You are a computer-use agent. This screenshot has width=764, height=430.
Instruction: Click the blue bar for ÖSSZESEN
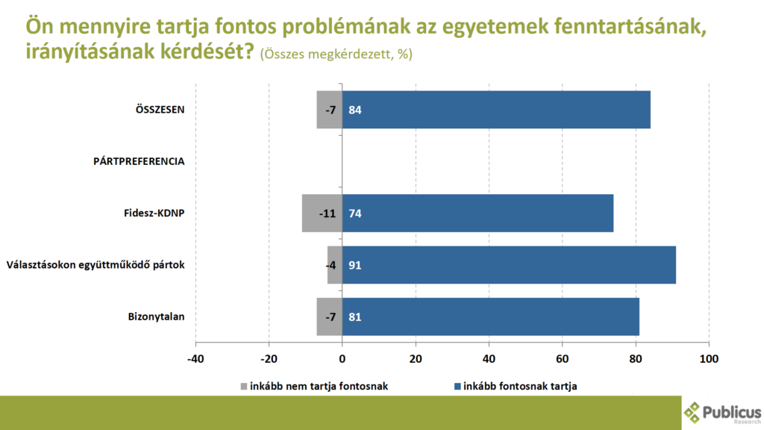point(496,110)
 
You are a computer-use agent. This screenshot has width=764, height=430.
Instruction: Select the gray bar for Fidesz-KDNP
point(322,213)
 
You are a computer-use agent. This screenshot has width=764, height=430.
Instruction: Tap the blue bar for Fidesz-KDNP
point(477,213)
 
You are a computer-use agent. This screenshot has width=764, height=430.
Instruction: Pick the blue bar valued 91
point(509,265)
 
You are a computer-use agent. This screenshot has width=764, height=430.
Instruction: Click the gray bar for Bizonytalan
point(330,317)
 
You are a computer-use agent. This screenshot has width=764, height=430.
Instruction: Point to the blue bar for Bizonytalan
point(491,317)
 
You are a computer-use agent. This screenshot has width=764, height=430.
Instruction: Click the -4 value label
point(331,265)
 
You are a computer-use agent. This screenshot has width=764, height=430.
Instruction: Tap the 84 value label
point(355,110)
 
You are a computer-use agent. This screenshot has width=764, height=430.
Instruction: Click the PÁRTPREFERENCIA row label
point(139,161)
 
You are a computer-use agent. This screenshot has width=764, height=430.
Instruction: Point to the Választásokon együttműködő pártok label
point(95,265)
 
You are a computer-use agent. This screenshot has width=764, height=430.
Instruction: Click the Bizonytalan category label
point(157,317)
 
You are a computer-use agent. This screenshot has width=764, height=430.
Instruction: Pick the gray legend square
point(243,386)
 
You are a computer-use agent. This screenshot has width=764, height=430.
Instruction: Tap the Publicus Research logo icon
point(693,412)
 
